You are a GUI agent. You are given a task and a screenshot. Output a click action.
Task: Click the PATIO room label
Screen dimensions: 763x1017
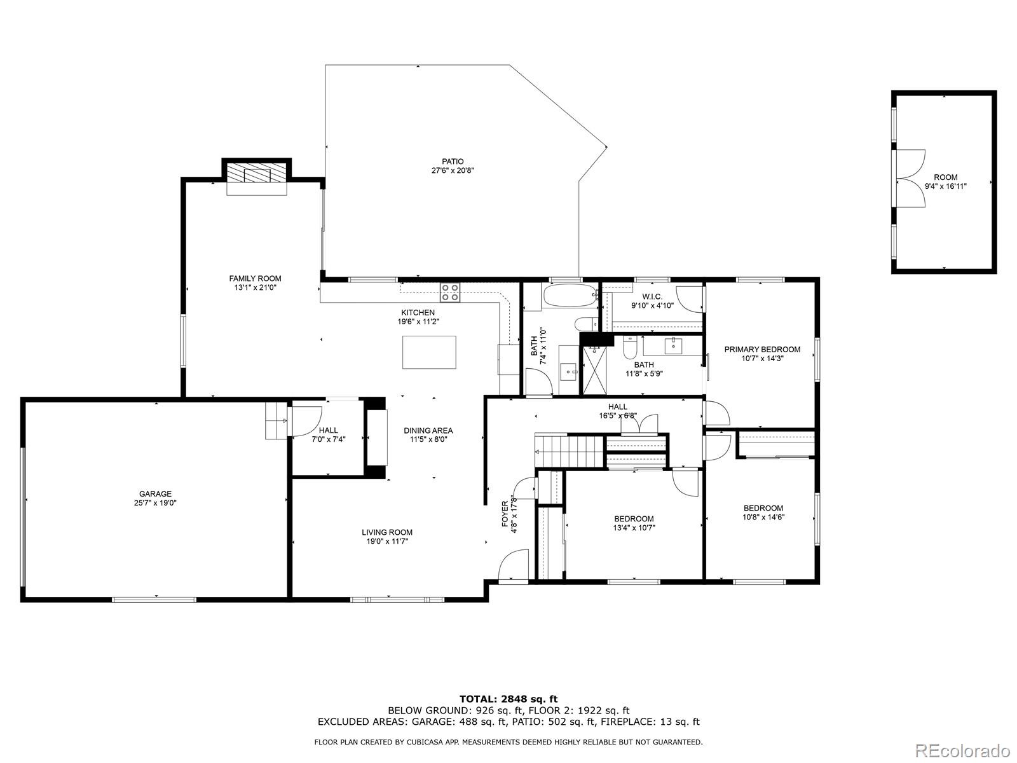(453, 162)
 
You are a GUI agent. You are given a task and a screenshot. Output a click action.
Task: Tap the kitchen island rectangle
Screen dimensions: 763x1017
(429, 352)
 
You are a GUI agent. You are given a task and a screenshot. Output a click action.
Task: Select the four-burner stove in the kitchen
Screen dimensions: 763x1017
(451, 292)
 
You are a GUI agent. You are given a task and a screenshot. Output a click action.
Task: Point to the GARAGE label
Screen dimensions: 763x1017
(155, 494)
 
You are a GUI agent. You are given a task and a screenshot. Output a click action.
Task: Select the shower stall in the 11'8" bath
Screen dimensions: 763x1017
(596, 371)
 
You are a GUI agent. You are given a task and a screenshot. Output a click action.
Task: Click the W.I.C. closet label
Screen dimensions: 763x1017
(652, 297)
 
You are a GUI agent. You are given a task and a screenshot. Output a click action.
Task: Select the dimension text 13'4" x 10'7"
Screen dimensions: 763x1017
(634, 528)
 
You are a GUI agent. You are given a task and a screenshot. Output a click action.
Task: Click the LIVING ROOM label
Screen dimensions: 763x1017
(387, 533)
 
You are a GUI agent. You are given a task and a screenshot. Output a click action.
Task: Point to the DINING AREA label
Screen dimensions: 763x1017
(428, 430)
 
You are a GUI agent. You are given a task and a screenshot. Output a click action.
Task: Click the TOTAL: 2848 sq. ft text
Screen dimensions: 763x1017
(508, 699)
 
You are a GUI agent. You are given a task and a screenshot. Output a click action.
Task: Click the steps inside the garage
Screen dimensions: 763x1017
(275, 420)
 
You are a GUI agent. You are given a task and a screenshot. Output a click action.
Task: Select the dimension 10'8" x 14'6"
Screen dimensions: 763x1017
(763, 517)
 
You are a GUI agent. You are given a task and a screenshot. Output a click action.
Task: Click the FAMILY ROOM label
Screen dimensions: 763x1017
(255, 278)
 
